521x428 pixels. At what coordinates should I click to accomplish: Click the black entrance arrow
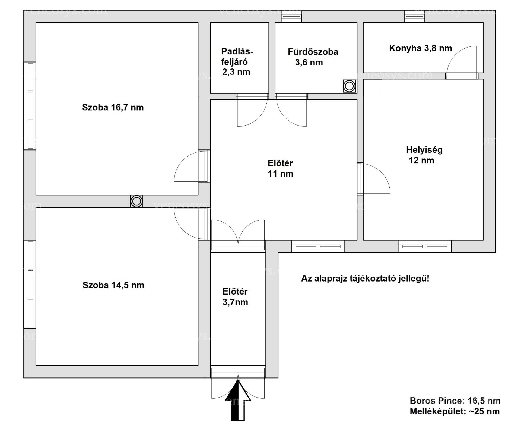[x=238, y=401]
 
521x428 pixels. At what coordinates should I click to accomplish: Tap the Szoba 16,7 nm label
[x=113, y=107]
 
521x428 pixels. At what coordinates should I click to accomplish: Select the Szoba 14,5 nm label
[x=113, y=285]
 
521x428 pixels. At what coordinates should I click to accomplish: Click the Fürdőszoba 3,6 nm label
[x=313, y=57]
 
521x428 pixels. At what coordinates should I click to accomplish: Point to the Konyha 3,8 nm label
[x=420, y=48]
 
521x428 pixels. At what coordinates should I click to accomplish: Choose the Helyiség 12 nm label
[x=424, y=155]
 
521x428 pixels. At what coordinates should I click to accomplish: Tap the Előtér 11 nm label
[x=280, y=168]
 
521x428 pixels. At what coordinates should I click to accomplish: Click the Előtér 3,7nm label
[x=235, y=297]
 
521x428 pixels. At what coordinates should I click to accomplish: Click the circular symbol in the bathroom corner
[x=349, y=86]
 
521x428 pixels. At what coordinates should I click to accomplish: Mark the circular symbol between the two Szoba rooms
[x=136, y=201]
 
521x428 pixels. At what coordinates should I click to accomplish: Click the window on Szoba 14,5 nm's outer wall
[x=30, y=284]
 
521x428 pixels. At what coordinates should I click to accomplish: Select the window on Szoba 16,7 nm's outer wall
[x=30, y=106]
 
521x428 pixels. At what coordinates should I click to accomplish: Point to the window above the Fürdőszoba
[x=291, y=16]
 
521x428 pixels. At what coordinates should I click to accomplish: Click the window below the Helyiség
[x=425, y=246]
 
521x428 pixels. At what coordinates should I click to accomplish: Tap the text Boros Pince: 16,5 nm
[x=455, y=401]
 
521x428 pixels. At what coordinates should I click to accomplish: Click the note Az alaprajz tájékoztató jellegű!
[x=365, y=279]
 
